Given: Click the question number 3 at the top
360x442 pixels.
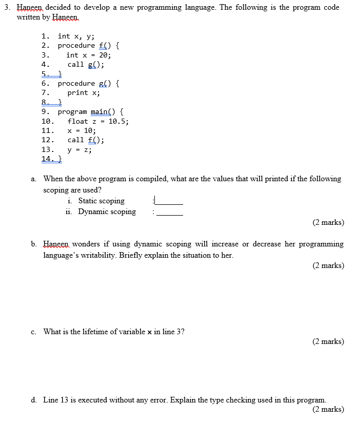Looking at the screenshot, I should point(6,8).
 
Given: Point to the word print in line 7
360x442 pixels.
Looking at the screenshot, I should point(78,92).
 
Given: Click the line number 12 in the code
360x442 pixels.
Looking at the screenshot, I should point(47,140).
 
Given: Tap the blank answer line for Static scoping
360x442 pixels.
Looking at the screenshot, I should point(169,203).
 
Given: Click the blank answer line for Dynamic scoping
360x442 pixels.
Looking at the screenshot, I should point(170,214).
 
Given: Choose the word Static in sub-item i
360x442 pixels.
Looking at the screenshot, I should point(88,201).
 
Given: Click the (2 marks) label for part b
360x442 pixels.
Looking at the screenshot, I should point(328,265).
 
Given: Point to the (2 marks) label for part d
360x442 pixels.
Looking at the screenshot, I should point(328,409).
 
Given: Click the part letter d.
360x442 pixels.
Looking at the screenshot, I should point(33,400).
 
